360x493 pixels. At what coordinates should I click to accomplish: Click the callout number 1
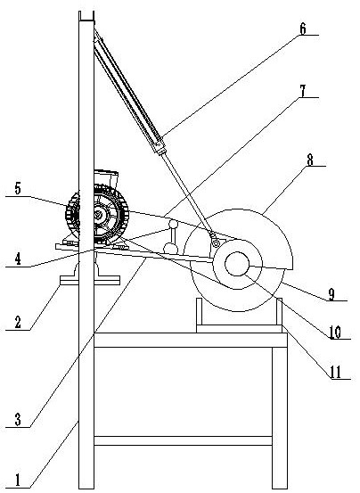[18, 481]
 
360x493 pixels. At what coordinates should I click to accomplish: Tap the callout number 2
[18, 322]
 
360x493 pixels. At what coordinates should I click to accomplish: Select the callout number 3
[18, 419]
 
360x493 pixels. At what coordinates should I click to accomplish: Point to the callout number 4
[18, 259]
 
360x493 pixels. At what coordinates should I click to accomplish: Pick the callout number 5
[18, 189]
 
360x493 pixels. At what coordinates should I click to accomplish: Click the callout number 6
[302, 29]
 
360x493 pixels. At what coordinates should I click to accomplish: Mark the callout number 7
[302, 91]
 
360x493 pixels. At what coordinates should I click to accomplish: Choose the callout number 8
[310, 160]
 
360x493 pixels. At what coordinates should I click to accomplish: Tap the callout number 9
[331, 294]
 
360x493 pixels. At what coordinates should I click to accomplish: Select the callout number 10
[335, 333]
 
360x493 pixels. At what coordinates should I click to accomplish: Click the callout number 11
[335, 373]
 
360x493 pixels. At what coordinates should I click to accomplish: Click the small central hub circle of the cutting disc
[237, 264]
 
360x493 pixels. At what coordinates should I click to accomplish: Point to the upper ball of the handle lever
[173, 225]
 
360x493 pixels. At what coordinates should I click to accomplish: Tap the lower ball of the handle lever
[170, 249]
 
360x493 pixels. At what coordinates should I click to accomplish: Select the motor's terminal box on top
[106, 178]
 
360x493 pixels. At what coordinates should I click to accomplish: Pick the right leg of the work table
[280, 418]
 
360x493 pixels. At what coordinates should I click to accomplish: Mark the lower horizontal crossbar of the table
[184, 440]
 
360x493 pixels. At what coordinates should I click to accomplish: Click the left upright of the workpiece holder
[199, 312]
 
